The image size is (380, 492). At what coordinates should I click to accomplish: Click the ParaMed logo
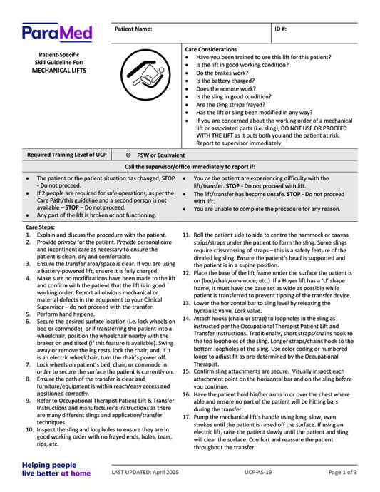coord(56,33)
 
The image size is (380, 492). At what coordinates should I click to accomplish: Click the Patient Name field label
coord(133,29)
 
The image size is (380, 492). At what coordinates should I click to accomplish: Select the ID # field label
coord(282,29)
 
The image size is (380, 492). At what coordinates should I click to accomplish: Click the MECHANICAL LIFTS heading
coord(58,72)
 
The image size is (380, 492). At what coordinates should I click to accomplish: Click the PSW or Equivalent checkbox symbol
coord(128,155)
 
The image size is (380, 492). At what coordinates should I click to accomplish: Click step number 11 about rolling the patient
coord(185,235)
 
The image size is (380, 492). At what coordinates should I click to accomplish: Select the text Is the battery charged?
coord(232,81)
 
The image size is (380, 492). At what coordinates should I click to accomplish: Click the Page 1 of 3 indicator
coord(343,472)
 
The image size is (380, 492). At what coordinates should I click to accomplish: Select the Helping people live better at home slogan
coord(56,468)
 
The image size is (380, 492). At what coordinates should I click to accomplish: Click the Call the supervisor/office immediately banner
coord(190,167)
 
